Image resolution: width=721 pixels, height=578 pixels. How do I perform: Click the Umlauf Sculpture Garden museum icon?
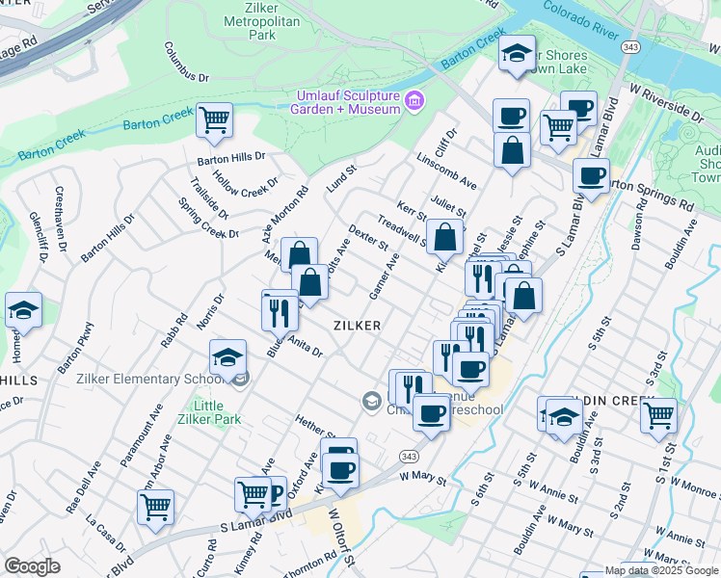(x=414, y=101)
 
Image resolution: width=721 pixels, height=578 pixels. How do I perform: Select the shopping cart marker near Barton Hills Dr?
(x=214, y=120)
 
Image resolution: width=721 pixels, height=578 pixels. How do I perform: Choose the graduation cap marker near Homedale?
(x=23, y=310)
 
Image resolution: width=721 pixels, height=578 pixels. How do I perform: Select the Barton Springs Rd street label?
(x=649, y=194)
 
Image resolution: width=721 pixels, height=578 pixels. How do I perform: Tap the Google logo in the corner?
(x=32, y=566)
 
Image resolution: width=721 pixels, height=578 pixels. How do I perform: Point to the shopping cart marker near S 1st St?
(x=658, y=415)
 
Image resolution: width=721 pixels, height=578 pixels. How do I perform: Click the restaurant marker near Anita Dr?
(x=280, y=309)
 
